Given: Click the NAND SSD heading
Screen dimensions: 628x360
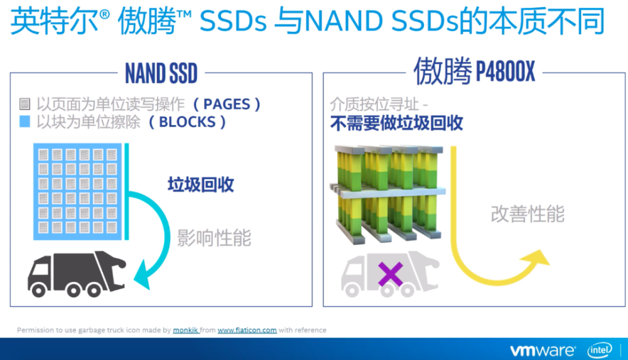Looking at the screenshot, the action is click(x=161, y=74).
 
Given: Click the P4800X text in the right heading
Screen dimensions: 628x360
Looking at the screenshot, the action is click(x=505, y=72).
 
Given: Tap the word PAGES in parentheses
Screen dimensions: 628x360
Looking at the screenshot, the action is click(x=227, y=104).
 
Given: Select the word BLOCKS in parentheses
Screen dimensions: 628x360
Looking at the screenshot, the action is click(x=187, y=122).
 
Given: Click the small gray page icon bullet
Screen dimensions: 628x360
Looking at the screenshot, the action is click(x=25, y=104).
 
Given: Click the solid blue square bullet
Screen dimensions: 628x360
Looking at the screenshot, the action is click(x=25, y=121).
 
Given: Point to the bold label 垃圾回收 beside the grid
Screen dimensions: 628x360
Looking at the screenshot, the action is click(x=201, y=185).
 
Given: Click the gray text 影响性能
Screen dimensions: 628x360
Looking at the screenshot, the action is click(x=214, y=237).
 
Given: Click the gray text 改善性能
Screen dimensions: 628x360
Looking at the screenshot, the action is click(x=528, y=214).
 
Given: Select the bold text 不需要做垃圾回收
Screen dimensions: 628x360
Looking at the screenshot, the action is click(x=396, y=123).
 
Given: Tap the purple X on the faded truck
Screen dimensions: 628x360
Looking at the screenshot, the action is click(x=390, y=274).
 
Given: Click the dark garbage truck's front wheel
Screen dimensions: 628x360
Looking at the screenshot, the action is click(x=38, y=290).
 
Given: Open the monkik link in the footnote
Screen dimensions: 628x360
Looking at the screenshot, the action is click(x=185, y=330).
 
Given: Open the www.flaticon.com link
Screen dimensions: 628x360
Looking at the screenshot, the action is click(x=247, y=330).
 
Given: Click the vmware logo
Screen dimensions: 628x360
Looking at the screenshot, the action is click(x=543, y=351).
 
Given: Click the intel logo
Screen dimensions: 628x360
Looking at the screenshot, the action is click(x=600, y=351).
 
